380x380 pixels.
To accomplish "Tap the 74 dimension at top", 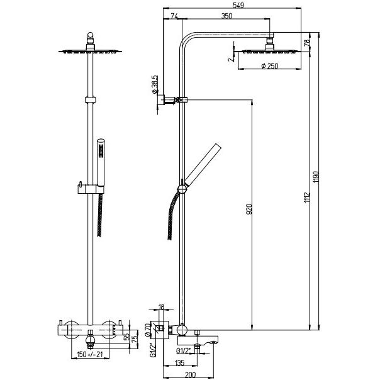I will [173, 17].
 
